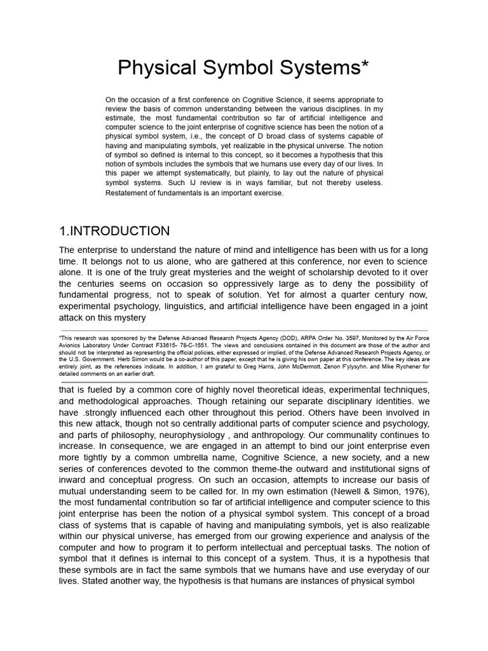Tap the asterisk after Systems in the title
[364, 64]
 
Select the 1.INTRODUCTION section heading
[114, 231]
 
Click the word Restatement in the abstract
[130, 193]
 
